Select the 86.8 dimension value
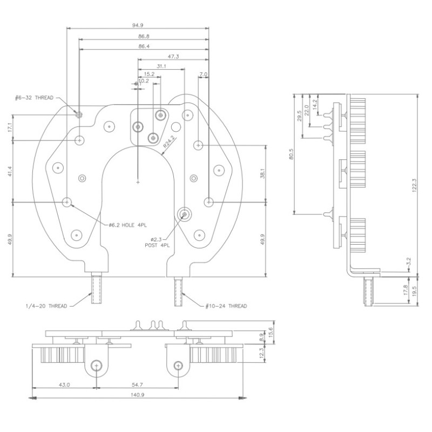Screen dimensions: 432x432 [144, 36]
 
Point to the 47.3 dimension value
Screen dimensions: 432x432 [173, 56]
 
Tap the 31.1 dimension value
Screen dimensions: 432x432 [161, 66]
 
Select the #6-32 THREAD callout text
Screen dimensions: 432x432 [34, 98]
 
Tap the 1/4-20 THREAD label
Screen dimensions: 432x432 [46, 306]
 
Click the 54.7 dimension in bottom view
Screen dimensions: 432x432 [137, 384]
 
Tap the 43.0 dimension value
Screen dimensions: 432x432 [64, 384]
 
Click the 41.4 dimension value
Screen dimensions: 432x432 [9, 171]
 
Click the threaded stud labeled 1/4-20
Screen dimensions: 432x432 [97, 289]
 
